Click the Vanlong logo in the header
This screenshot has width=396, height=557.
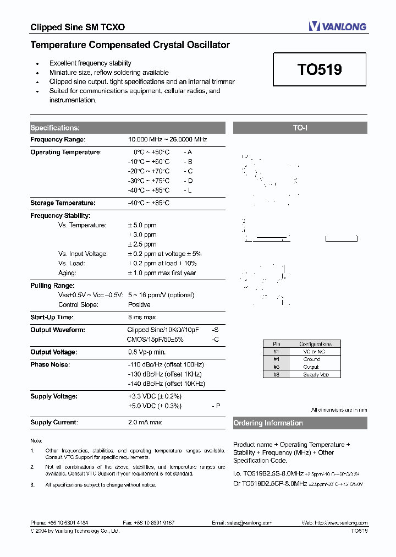(337, 26)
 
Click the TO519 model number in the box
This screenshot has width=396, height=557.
(320, 69)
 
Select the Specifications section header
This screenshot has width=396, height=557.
(55, 128)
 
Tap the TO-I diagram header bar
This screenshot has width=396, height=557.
(300, 128)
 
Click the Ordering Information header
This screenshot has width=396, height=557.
(268, 423)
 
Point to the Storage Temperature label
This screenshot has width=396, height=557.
(63, 203)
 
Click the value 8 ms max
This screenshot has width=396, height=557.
(142, 317)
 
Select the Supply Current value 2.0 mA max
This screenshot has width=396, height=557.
(145, 422)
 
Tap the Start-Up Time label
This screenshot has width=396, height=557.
(52, 317)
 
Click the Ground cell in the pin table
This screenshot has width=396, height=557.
(312, 359)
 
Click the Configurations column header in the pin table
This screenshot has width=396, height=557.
(315, 344)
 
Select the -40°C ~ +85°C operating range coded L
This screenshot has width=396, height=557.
(148, 190)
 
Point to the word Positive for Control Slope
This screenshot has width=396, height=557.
(139, 304)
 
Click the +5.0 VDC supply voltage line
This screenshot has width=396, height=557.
(155, 406)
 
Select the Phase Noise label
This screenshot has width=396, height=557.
(50, 364)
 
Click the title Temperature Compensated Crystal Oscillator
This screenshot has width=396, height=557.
(130, 45)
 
